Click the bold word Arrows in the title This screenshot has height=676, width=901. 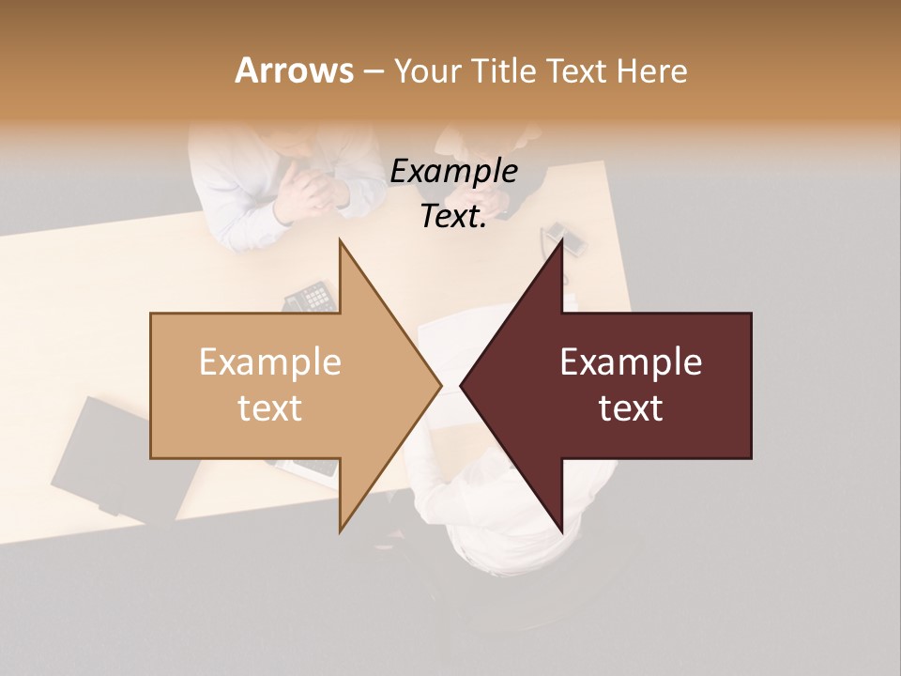(x=294, y=70)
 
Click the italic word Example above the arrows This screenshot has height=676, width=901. (x=453, y=172)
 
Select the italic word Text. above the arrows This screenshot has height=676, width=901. (x=453, y=217)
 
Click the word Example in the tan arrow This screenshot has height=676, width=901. (x=269, y=361)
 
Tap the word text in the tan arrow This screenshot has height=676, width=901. (x=269, y=407)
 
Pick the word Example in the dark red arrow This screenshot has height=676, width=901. (x=631, y=361)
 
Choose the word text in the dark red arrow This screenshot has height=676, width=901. (x=631, y=407)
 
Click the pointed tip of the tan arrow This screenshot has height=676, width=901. (x=439, y=385)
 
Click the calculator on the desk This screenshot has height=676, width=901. (x=310, y=298)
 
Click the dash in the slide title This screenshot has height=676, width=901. (x=373, y=71)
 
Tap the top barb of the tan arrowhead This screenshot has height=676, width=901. (x=341, y=243)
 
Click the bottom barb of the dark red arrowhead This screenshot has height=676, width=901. (x=561, y=530)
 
